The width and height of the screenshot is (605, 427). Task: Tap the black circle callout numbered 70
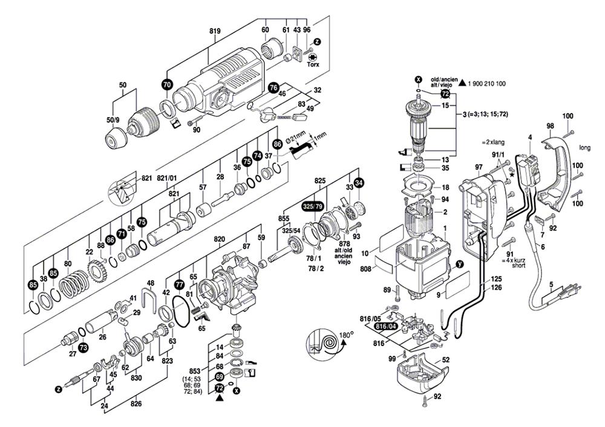pos(167,85)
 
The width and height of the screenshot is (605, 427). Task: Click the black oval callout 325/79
pos(313,205)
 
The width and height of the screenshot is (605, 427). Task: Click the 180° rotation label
pos(347,333)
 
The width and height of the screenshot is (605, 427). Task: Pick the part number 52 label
pos(446,360)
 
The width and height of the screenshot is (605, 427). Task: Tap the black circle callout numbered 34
pos(359,182)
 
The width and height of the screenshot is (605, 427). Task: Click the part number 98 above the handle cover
pos(550,126)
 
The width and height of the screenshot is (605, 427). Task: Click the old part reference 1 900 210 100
pos(487,83)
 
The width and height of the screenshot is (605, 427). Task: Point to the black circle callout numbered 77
pos(179,283)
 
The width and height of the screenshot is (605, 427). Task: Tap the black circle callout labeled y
pos(459,264)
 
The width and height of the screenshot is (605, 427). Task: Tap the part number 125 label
pos(496,279)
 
